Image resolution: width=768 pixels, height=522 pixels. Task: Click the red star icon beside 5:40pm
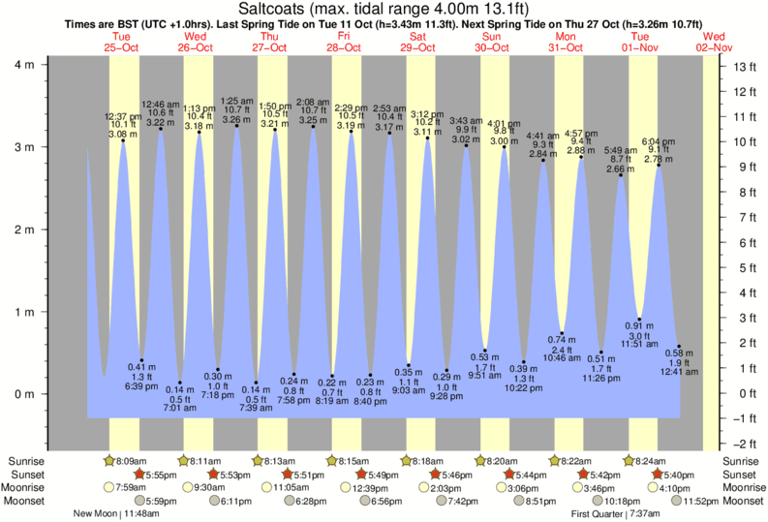coord(659,475)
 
